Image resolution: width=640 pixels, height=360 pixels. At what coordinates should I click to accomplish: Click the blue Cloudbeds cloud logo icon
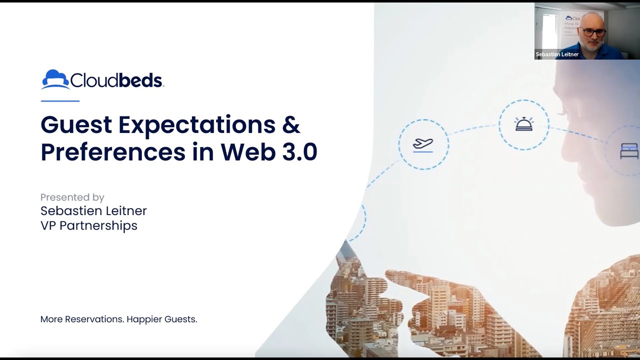(55, 79)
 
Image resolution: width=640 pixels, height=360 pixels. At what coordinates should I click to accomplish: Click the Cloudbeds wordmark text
(116, 80)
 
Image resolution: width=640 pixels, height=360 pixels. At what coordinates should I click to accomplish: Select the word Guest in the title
(76, 125)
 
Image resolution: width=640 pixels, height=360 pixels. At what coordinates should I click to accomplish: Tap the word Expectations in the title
(196, 125)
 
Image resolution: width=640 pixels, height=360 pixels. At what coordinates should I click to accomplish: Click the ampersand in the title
(291, 125)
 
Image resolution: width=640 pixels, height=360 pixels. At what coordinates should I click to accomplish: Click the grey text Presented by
(72, 197)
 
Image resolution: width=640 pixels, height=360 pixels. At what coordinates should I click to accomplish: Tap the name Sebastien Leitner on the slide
(93, 211)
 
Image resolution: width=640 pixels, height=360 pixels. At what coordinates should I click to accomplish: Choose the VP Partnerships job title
(88, 225)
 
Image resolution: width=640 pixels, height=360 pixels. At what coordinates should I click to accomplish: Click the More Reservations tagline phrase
(81, 319)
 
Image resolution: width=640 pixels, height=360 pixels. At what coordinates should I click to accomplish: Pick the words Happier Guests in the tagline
(162, 319)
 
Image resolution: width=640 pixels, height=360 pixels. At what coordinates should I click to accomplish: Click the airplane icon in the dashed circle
(423, 144)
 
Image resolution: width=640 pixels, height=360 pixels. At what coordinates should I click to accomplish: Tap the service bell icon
(523, 124)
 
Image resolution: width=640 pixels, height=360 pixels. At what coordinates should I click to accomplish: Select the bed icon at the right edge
(629, 151)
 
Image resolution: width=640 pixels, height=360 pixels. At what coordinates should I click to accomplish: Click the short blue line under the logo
(60, 101)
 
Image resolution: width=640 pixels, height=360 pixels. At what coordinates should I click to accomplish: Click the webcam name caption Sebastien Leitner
(557, 54)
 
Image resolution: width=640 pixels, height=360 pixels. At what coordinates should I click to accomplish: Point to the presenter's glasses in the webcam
(593, 32)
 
